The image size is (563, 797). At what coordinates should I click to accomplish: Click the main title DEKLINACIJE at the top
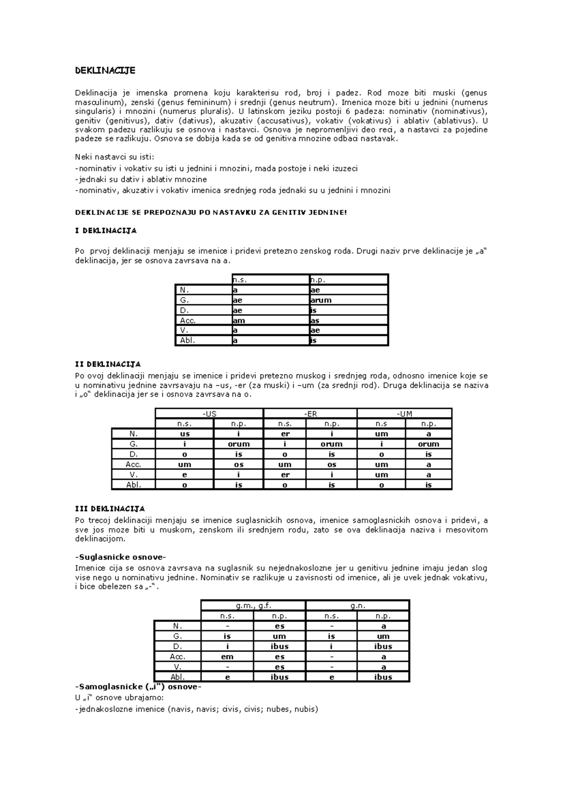tap(105, 70)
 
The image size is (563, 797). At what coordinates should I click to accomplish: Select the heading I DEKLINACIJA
tap(106, 230)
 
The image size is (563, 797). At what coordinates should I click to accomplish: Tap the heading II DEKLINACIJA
tap(108, 364)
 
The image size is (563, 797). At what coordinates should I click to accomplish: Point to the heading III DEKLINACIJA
tap(110, 509)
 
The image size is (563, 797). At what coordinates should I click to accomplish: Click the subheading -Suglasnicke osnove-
tap(121, 558)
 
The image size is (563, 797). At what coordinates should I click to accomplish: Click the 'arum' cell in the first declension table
tap(321, 300)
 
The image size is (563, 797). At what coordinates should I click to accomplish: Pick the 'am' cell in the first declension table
tap(239, 321)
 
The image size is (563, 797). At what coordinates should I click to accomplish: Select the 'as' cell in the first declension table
tap(315, 321)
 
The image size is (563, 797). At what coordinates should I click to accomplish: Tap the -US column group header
tap(209, 414)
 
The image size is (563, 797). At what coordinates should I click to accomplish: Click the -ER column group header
tap(310, 414)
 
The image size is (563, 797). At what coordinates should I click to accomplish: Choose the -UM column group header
tap(404, 414)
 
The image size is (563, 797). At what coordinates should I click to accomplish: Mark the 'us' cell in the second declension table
tap(184, 434)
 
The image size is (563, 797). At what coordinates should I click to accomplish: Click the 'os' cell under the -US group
tap(238, 465)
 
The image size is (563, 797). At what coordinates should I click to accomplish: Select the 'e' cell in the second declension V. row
tap(184, 475)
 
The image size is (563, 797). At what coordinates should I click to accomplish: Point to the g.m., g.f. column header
tap(253, 605)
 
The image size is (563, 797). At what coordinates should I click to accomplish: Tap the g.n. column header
tap(358, 605)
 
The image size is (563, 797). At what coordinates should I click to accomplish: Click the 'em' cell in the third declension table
tap(227, 657)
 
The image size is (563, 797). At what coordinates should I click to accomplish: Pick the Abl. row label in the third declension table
tap(177, 677)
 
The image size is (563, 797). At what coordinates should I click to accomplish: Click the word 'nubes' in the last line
tap(277, 709)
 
